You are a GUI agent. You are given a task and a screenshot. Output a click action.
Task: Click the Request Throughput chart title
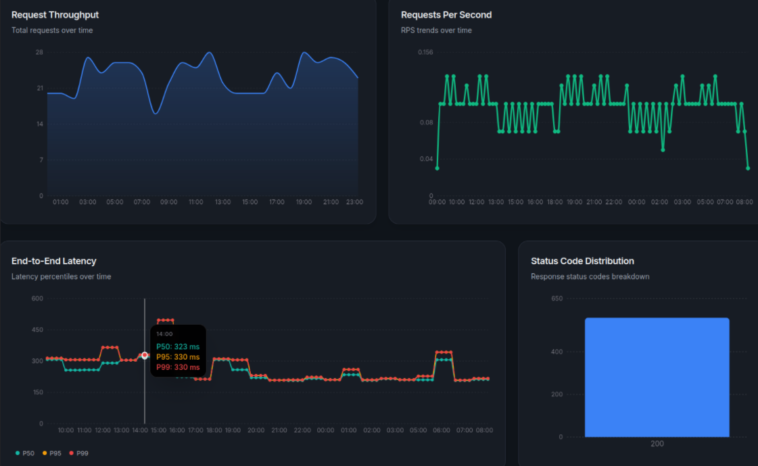(55, 15)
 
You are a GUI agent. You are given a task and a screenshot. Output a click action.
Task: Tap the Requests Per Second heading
(446, 15)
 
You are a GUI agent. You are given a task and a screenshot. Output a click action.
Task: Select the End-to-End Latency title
(54, 261)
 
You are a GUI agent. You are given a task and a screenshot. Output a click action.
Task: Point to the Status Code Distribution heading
(582, 261)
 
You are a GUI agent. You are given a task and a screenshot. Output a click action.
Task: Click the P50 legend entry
(24, 453)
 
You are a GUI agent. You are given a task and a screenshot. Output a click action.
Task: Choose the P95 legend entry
(51, 453)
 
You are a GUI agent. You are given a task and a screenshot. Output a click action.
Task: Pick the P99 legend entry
(78, 453)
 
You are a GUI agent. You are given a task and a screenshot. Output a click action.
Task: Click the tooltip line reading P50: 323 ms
(178, 346)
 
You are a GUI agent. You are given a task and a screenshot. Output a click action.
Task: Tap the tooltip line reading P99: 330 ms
(178, 367)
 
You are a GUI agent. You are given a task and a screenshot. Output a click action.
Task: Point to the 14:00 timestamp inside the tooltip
(164, 333)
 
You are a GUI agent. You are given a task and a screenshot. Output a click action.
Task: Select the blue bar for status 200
(657, 377)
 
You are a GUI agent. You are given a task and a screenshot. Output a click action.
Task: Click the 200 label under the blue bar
(657, 444)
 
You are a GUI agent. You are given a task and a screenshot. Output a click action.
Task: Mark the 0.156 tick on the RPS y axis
(425, 52)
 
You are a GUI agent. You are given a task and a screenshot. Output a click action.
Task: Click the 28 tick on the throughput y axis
(39, 52)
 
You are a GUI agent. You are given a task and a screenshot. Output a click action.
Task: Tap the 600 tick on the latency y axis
(37, 298)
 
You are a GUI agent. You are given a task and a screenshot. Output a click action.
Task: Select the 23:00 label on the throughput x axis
(354, 202)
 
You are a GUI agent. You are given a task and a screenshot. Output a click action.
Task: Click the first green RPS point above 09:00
(437, 168)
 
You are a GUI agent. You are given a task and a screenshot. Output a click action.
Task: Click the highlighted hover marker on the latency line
(145, 355)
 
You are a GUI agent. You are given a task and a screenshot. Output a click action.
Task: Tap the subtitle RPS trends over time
(436, 30)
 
